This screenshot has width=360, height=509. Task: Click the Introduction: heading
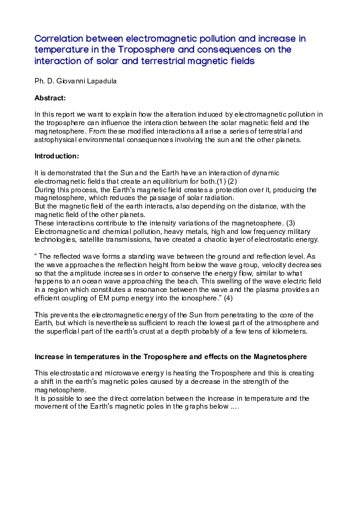click(56, 156)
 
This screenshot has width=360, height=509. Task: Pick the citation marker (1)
click(221, 181)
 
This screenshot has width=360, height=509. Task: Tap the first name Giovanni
click(72, 80)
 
